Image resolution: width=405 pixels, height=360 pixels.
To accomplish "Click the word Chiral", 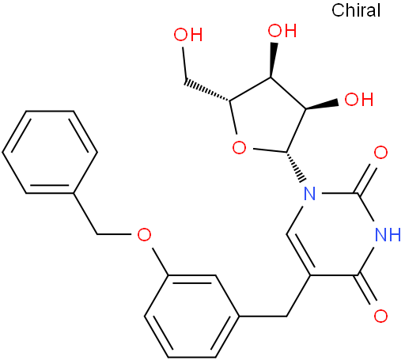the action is coord(356,10).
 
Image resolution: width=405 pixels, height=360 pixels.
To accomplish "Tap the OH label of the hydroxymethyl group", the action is coord(188,34).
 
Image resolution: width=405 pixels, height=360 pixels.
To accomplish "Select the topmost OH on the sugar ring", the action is coord(282,30).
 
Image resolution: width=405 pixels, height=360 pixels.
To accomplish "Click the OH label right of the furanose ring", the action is coord(359,99).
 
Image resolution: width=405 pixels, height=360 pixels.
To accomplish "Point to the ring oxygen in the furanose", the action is coord(239,148).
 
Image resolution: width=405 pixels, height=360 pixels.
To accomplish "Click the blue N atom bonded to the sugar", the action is coord(309,194).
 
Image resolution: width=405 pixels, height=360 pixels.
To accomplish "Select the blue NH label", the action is coord(388,234).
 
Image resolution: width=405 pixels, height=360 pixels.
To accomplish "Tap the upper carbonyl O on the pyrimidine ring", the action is coord(380,153).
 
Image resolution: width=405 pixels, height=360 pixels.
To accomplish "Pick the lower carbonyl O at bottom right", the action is coord(380,316).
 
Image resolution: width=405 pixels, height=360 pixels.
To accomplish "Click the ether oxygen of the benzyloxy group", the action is coord(144,234).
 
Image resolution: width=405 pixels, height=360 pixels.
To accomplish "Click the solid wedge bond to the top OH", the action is coord(272,59).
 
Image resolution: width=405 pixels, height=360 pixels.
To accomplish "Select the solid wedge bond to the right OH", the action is coord(322,105).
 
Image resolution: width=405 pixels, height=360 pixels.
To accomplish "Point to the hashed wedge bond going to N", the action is coord(296,167).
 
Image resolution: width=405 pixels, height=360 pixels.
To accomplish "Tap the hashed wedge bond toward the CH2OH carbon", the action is coord(208,90).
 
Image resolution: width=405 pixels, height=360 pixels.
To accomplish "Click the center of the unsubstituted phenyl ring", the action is coord(50,152).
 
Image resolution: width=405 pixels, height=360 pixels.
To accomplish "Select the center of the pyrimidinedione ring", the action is coord(333,234).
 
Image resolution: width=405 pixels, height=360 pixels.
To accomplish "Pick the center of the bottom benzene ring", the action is coord(191,316).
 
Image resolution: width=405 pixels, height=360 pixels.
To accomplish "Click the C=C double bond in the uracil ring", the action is coord(299,255).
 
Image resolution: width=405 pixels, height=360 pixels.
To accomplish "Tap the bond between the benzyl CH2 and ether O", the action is coord(114,234).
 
